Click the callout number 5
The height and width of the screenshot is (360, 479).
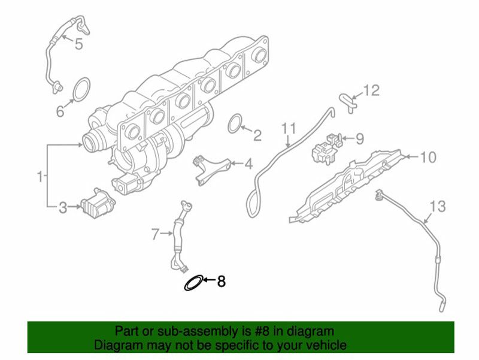[x=79, y=44]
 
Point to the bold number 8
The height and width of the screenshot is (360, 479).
[x=221, y=281]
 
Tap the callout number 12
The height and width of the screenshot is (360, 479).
[x=371, y=90]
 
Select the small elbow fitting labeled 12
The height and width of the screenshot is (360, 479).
[x=348, y=102]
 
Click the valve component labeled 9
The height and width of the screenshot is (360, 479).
[x=326, y=149]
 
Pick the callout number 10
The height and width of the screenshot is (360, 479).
[x=428, y=157]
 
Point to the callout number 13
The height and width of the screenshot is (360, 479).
[x=438, y=207]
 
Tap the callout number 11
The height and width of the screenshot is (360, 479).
[x=289, y=128]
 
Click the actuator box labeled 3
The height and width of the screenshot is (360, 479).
[x=98, y=204]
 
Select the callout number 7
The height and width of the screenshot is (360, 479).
[x=156, y=234]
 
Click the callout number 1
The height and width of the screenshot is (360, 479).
[x=40, y=176]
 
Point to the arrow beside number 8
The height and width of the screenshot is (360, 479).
[x=210, y=279]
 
